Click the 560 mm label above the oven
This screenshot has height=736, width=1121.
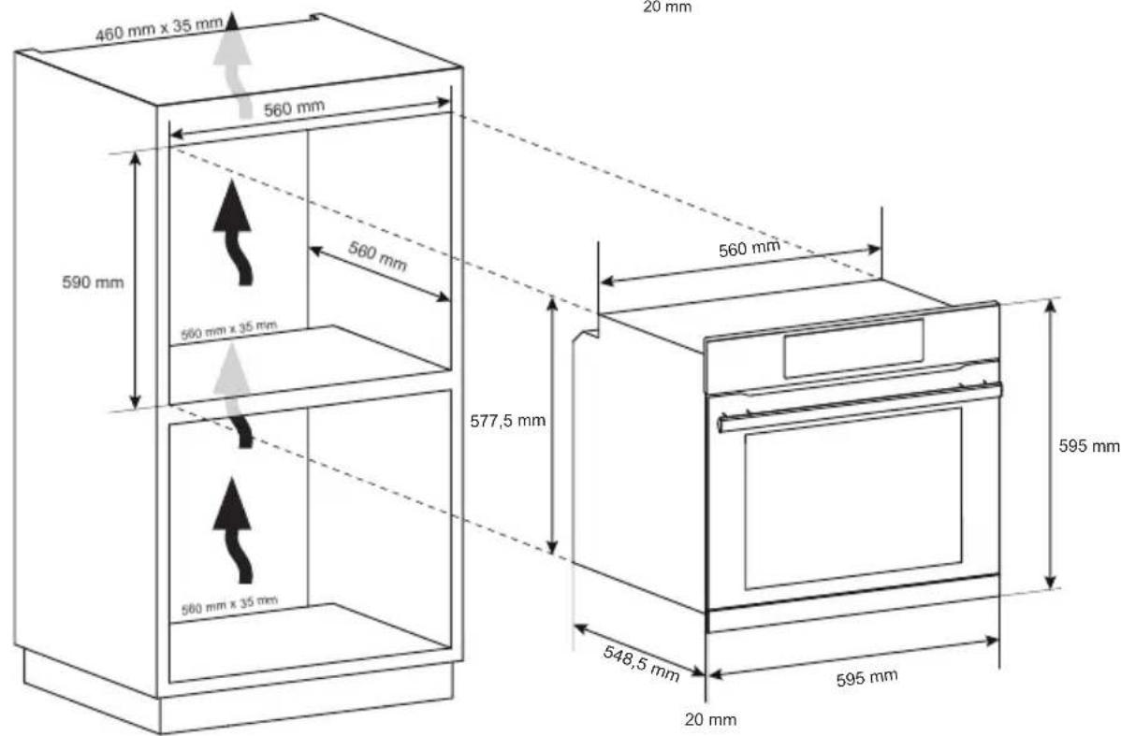pyautogui.click(x=749, y=248)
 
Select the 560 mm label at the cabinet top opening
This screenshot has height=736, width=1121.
pyautogui.click(x=293, y=108)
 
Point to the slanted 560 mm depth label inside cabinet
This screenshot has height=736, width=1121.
pyautogui.click(x=378, y=255)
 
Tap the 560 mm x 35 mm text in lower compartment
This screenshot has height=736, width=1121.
pyautogui.click(x=229, y=603)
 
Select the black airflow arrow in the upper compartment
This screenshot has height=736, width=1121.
pyautogui.click(x=236, y=230)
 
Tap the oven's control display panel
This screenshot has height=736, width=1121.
pyautogui.click(x=853, y=348)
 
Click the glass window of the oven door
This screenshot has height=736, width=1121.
pyautogui.click(x=852, y=498)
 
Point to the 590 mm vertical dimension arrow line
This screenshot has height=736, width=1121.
pyautogui.click(x=137, y=281)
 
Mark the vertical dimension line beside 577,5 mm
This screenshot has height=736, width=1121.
pyautogui.click(x=554, y=425)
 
